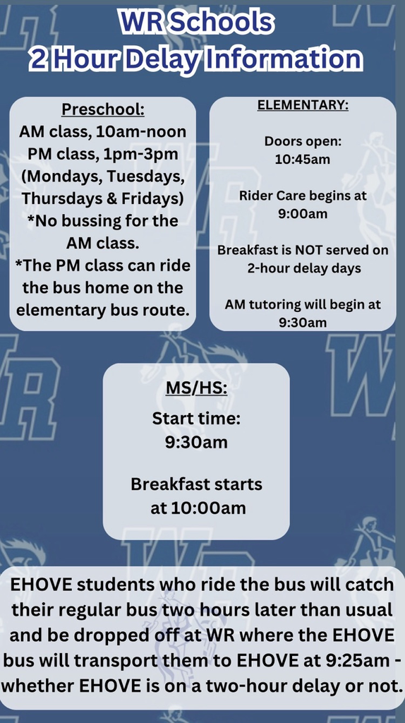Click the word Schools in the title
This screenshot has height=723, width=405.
[x=225, y=23]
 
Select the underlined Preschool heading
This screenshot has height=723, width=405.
[x=103, y=109]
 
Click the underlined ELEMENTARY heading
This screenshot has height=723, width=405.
[x=303, y=105]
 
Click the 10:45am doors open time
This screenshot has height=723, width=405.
[x=303, y=159]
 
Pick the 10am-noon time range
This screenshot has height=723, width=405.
[x=146, y=131]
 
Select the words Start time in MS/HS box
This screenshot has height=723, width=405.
[x=196, y=419]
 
